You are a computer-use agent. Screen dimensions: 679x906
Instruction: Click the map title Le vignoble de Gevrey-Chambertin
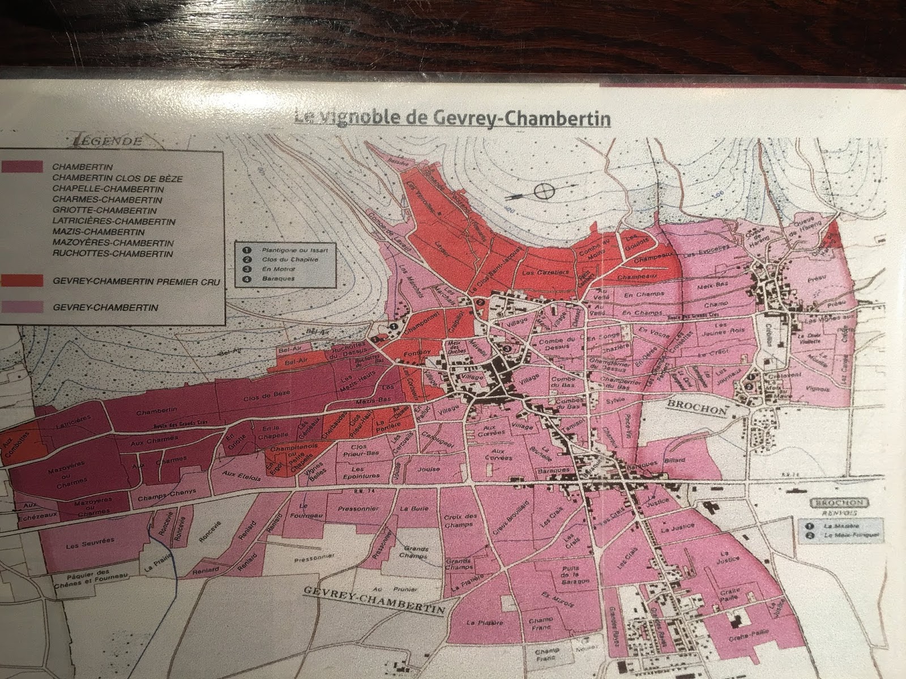tap(452, 119)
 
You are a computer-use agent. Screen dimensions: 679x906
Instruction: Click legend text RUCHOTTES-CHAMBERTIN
tap(112, 253)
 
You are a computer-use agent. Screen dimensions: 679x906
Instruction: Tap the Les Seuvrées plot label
tap(90, 542)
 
